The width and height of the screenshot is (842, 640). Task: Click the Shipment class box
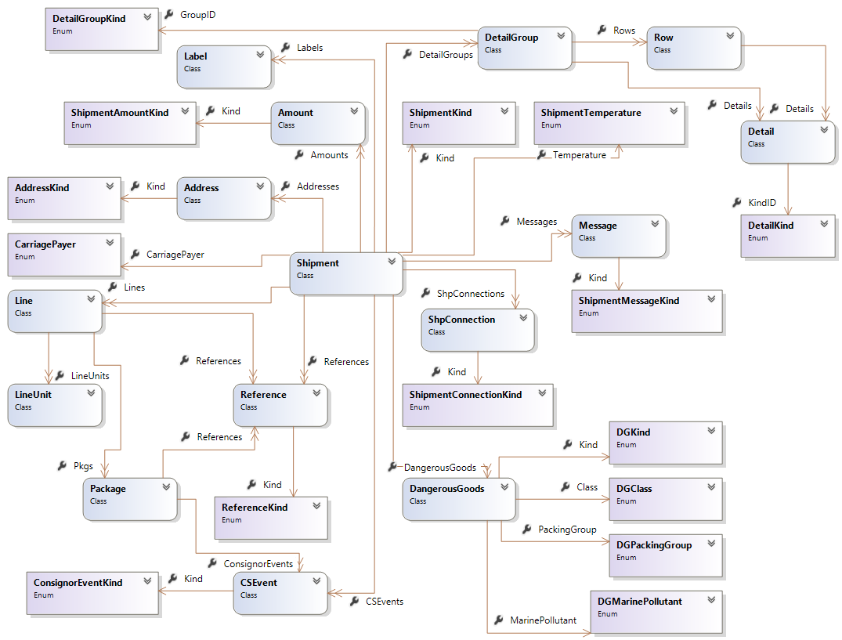345,273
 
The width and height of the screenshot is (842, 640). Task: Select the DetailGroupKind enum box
101,29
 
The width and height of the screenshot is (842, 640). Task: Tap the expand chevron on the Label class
260,55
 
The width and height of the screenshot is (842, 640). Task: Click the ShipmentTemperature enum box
609,123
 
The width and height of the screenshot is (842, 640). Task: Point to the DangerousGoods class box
459,499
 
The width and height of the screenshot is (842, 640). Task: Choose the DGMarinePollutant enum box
656,612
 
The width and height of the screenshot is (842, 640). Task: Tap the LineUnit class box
55,405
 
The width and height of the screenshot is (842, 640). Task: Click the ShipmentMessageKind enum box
646,311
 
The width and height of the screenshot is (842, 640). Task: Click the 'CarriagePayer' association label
175,255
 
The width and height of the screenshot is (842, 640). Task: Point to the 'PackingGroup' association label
567,530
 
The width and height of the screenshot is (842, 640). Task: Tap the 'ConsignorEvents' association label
258,563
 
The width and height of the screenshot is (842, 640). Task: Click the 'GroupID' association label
197,15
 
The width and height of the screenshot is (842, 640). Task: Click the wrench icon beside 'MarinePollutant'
498,620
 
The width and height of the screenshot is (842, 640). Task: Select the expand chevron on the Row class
730,36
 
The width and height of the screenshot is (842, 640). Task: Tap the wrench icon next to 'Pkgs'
62,465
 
